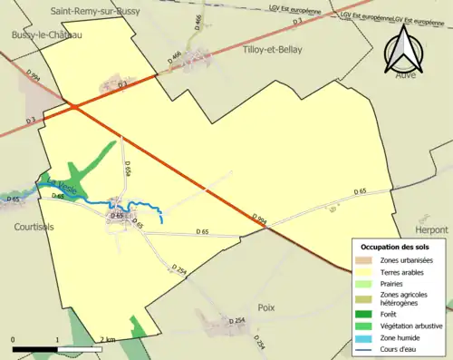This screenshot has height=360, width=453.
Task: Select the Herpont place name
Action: pyautogui.click(x=431, y=230)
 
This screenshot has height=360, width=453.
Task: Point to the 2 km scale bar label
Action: pyautogui.click(x=108, y=340)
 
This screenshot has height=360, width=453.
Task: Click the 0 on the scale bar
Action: pyautogui.click(x=13, y=340)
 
